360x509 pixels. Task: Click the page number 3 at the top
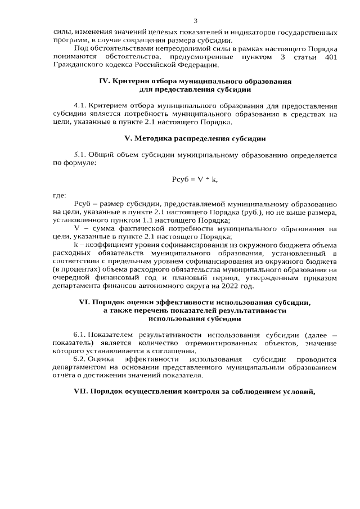(195, 21)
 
